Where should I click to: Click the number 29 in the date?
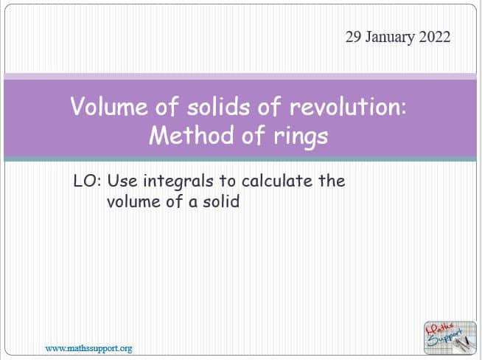(353, 37)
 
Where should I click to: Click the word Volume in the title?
(109, 106)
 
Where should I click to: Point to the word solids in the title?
(219, 106)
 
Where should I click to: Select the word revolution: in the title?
(348, 106)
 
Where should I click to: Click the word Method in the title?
(192, 135)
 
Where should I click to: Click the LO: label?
(87, 181)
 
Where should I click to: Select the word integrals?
(178, 182)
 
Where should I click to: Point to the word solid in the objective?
(220, 201)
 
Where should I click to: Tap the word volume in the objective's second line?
(133, 201)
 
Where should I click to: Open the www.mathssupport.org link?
(88, 349)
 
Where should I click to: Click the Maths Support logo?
(450, 338)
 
